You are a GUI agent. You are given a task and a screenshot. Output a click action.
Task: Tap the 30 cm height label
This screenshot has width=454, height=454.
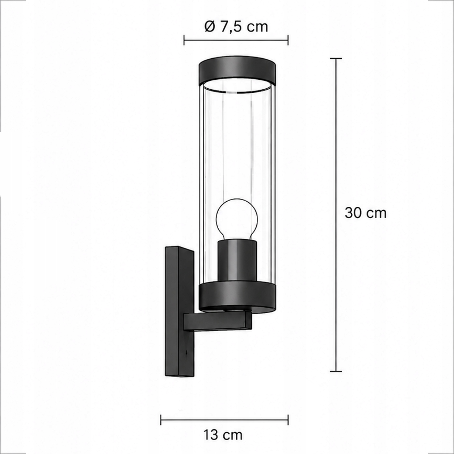pyautogui.click(x=366, y=213)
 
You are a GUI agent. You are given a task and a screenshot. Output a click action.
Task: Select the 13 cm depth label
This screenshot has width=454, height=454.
pyautogui.click(x=223, y=435)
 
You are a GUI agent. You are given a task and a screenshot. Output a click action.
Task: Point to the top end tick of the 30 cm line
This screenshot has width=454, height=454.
pyautogui.click(x=336, y=58)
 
